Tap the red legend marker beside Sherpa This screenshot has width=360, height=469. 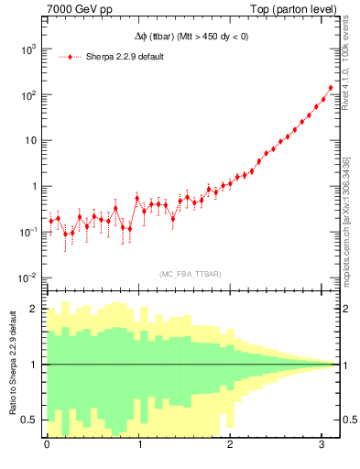[71, 57]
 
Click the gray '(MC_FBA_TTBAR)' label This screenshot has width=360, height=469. [190, 274]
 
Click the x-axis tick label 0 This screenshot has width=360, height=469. [47, 444]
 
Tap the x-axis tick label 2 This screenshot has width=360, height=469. [230, 444]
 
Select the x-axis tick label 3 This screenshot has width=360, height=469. [322, 444]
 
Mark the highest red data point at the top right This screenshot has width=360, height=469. [331, 88]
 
